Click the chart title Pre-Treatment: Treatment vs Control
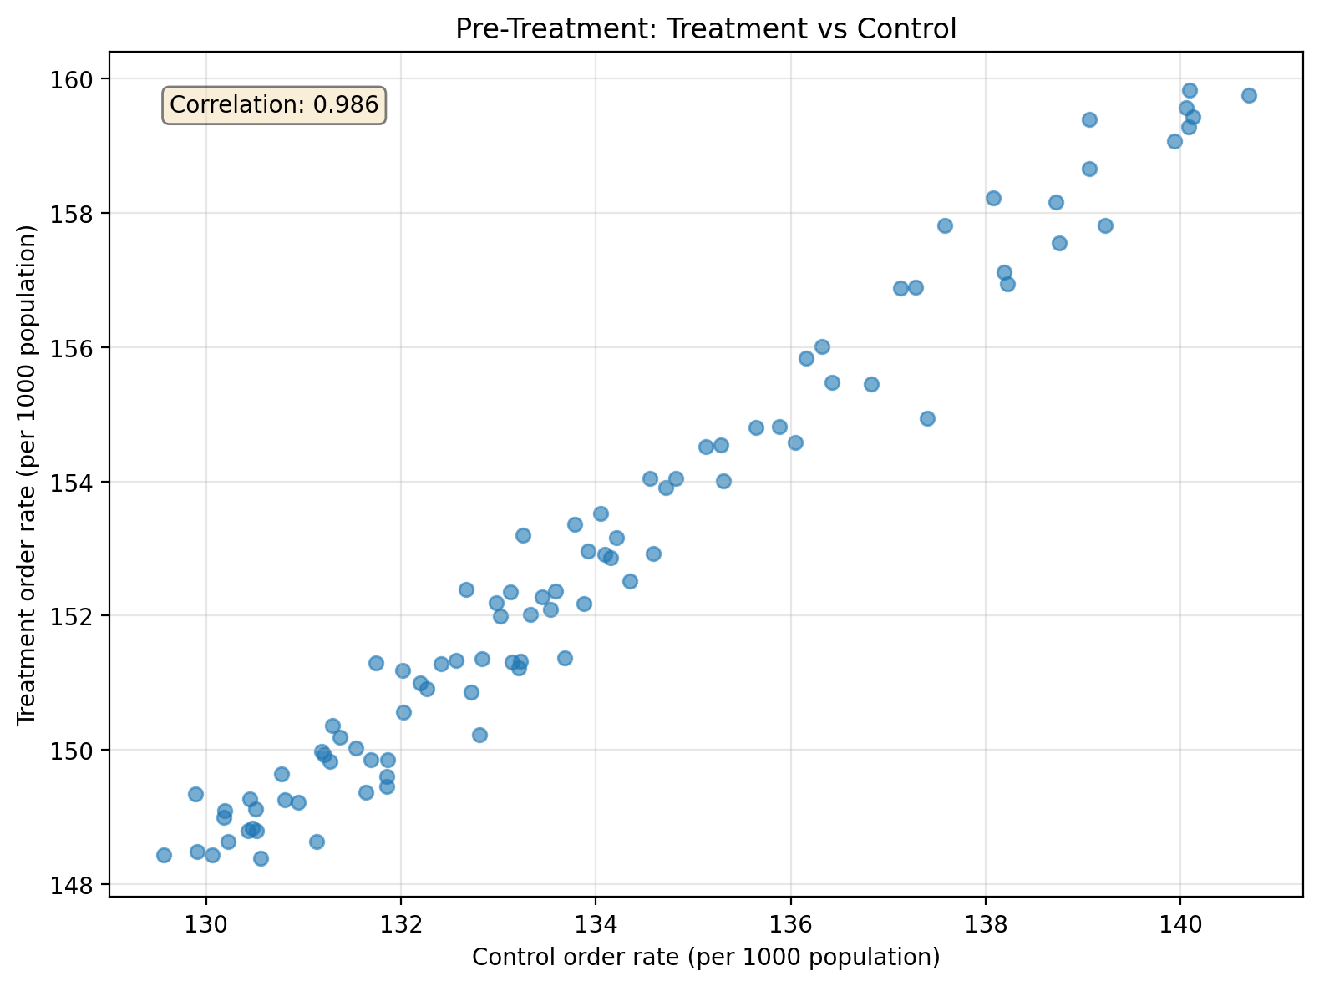coord(705,29)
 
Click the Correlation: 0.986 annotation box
coord(274,105)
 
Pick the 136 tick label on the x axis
coord(790,924)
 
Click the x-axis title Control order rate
coord(705,957)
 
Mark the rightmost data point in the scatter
coord(1249,95)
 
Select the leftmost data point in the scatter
coord(164,855)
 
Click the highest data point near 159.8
coord(1190,90)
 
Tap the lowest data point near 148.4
coord(261,858)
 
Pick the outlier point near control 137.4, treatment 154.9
coord(927,418)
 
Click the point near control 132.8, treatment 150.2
coord(479,735)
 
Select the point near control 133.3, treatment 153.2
coord(523,535)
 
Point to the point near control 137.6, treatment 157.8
coord(945,225)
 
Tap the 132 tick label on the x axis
coord(400,924)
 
